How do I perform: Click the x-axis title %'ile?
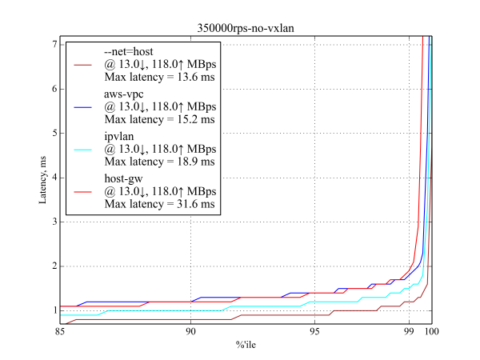point(246,344)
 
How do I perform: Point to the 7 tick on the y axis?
point(54,44)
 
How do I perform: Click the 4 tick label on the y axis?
point(54,178)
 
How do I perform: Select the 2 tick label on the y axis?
point(54,266)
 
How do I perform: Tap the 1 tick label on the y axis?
point(54,310)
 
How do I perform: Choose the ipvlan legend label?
point(121,137)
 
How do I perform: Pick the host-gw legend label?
point(125,178)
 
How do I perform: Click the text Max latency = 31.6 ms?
point(160,205)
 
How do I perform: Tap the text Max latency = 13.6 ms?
point(160,78)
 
